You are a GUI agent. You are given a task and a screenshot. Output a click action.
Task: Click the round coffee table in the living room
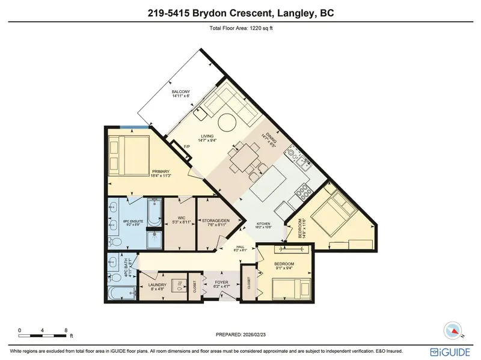(227, 124)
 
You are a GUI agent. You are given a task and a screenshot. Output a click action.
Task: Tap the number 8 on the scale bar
(65, 330)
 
